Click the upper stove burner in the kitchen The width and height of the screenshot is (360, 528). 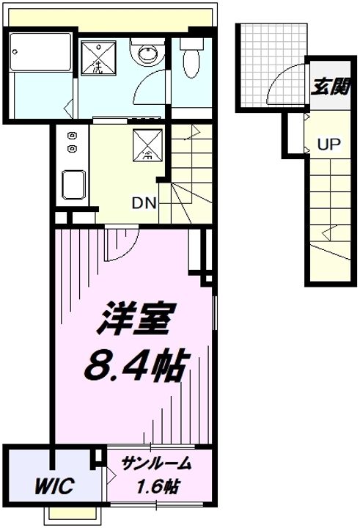[73, 136]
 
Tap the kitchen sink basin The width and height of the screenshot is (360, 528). [71, 184]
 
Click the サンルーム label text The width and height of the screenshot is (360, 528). [155, 463]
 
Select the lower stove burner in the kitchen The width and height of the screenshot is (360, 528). [73, 148]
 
